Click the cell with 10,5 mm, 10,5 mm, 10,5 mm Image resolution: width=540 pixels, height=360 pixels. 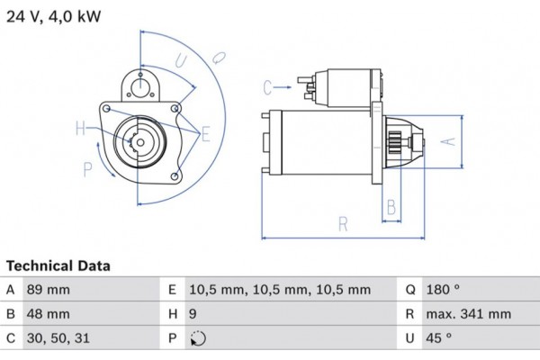pos(279,290)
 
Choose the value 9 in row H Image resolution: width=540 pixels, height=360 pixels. pos(193,315)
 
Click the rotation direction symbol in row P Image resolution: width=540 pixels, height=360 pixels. pos(198,340)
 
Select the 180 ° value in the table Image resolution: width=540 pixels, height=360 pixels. pos(445,290)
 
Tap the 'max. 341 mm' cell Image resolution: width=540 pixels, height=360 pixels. pos(469,315)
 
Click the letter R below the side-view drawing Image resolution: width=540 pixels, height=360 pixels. pos(343,224)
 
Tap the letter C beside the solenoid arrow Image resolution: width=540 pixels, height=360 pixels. pos(267,87)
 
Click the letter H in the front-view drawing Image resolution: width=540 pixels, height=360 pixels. pos(80,129)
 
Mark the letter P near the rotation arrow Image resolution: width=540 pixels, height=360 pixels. pos(87,168)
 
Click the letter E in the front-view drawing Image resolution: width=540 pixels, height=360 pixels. pos(205,135)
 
